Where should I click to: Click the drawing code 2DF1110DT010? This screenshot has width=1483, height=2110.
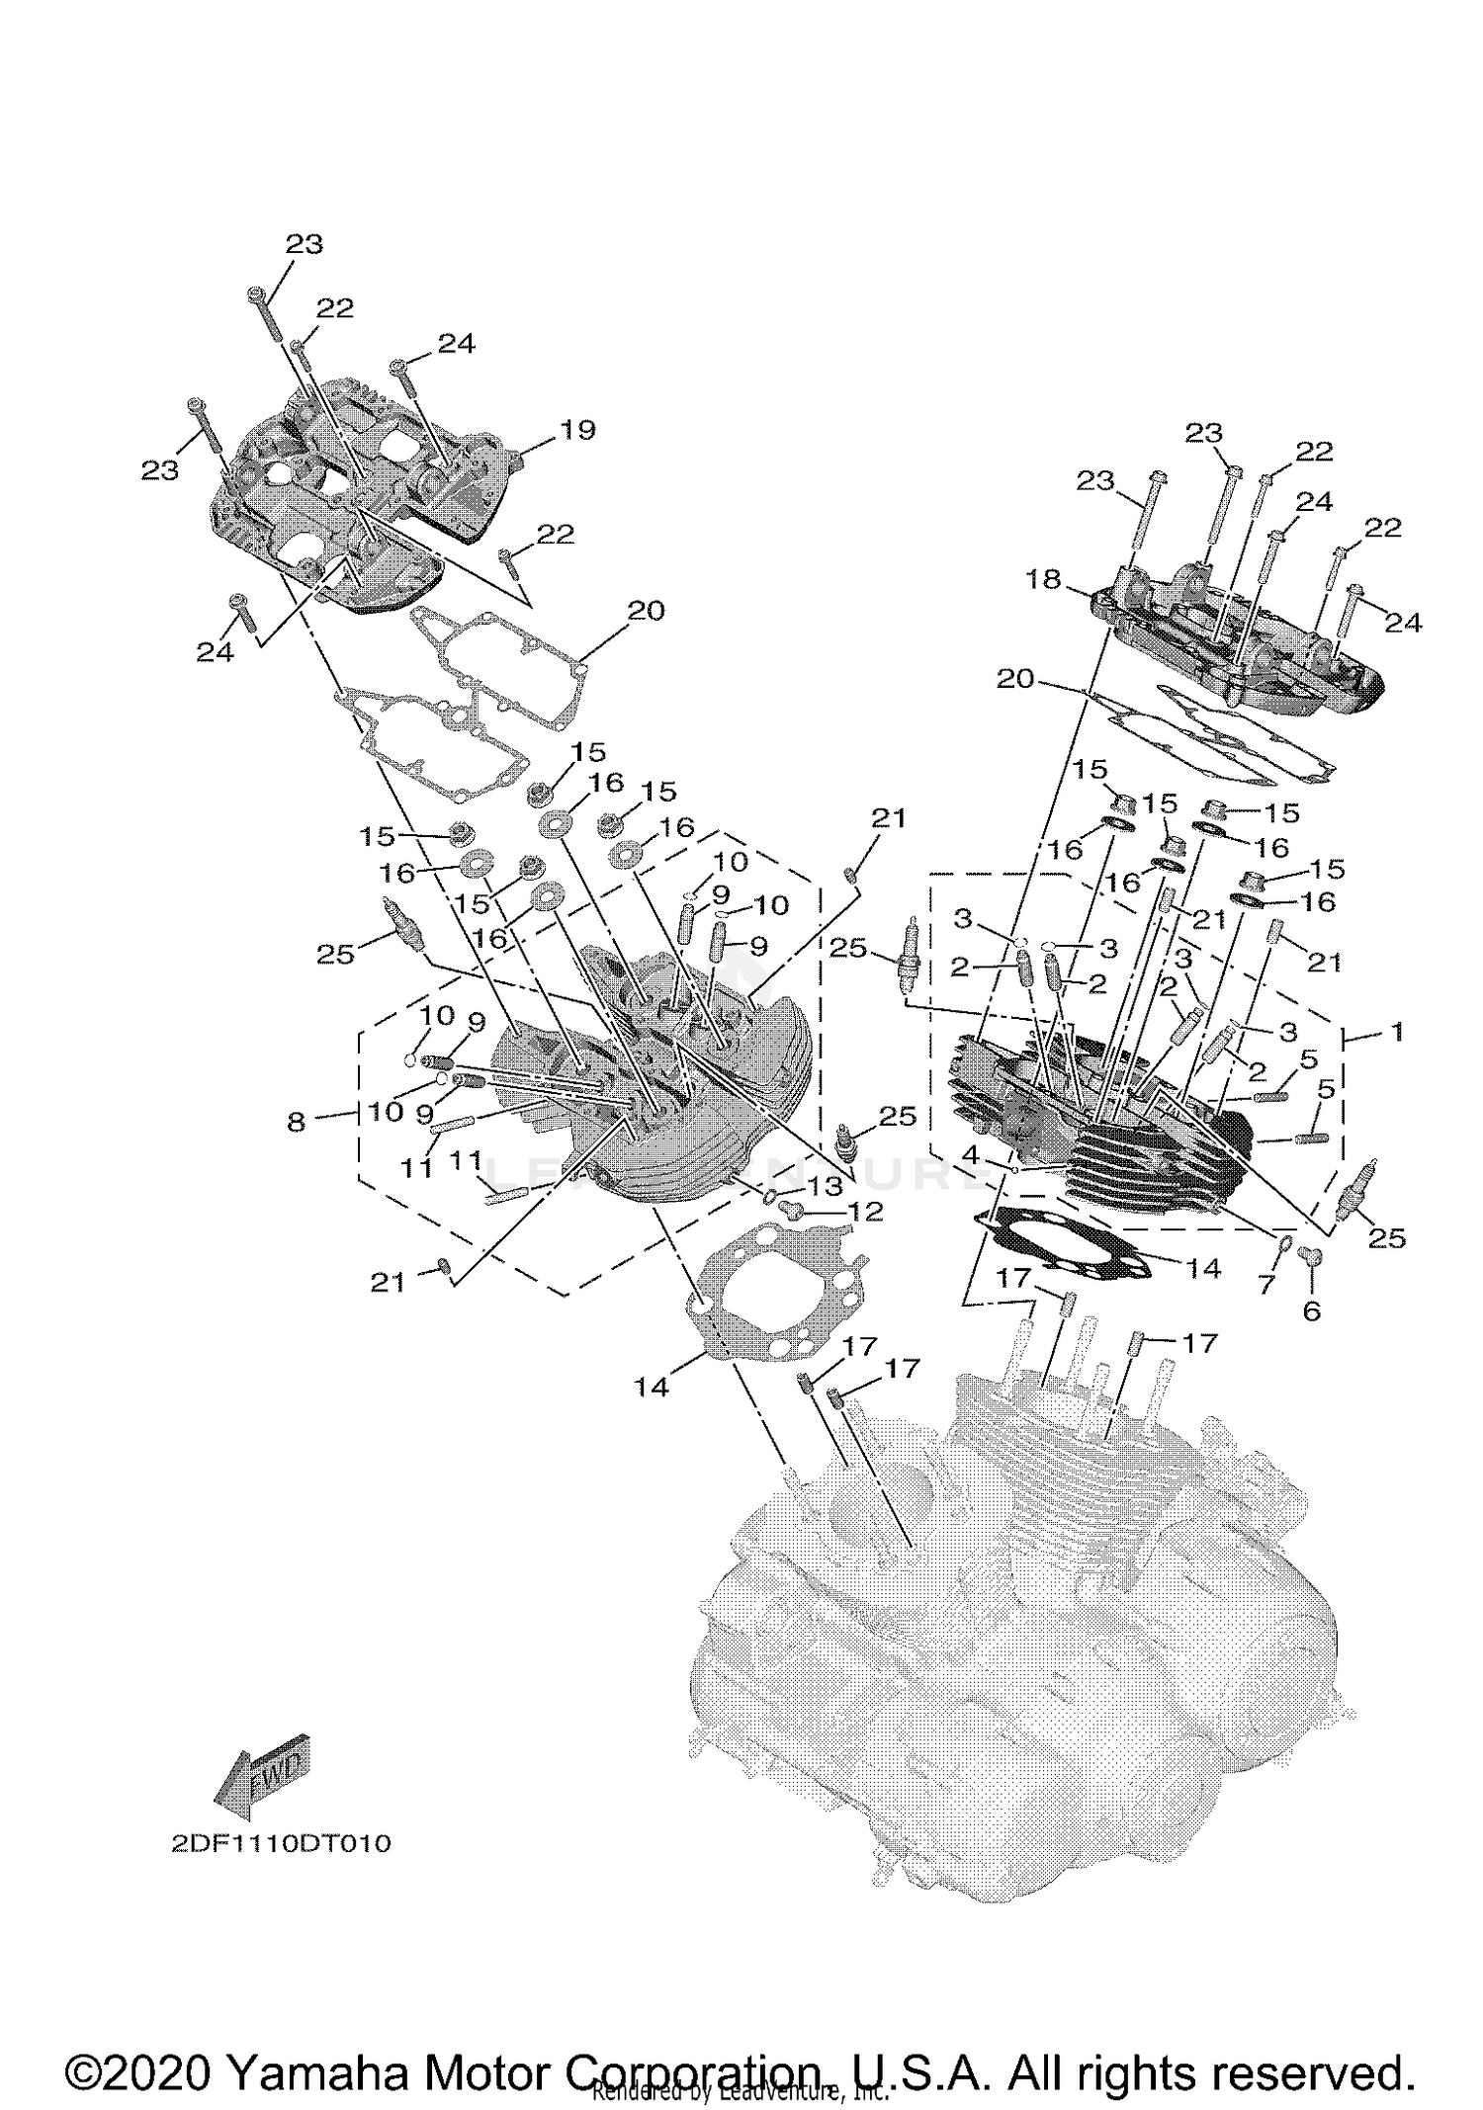click(x=280, y=1871)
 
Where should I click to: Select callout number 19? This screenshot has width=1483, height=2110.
click(x=578, y=430)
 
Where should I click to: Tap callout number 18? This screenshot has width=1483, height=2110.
click(x=1043, y=579)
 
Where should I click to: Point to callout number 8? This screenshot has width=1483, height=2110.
click(x=297, y=1122)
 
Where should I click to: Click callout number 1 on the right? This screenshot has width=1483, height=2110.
click(x=1396, y=1032)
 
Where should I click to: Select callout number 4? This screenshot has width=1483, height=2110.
click(x=972, y=1153)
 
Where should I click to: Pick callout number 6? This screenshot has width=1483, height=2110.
click(x=1312, y=1311)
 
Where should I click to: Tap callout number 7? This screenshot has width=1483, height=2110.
click(x=1266, y=1285)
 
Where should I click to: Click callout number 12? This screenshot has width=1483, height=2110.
click(x=866, y=1211)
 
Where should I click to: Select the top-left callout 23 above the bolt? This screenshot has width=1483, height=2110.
click(x=304, y=243)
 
